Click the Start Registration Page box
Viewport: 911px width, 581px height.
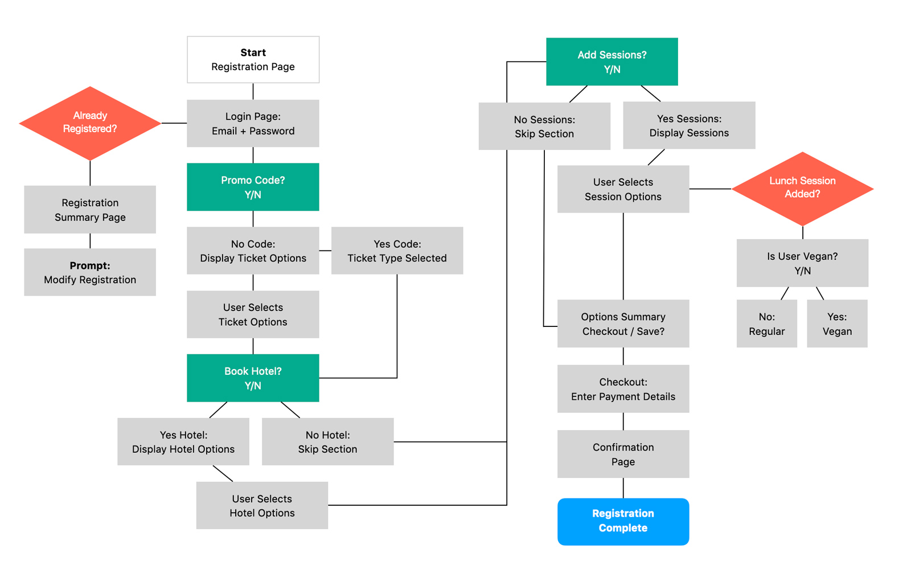[253, 60]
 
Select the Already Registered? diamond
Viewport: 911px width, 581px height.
[90, 122]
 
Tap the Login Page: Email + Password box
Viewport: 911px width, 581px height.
[253, 124]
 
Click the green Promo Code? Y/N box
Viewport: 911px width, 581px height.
[253, 187]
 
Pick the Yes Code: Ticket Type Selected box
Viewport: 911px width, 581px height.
[397, 251]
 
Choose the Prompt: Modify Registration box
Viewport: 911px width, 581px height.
[90, 272]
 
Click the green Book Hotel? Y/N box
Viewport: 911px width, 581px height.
[253, 378]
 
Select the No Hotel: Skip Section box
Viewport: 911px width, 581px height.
[327, 442]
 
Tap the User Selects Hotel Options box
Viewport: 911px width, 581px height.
[262, 506]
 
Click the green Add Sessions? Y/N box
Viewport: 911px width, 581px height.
[612, 62]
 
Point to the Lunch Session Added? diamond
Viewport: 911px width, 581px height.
[802, 188]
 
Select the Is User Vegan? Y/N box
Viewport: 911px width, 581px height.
[802, 263]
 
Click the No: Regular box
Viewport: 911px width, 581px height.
[766, 324]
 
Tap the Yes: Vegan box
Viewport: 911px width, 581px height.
[837, 324]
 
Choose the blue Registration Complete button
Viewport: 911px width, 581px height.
[623, 521]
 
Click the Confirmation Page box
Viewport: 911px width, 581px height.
[623, 454]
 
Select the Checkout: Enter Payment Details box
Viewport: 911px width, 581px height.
[623, 389]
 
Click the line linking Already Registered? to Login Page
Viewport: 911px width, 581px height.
[174, 123]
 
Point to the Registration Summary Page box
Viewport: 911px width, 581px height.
[90, 210]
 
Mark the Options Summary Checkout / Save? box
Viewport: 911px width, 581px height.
[623, 324]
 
